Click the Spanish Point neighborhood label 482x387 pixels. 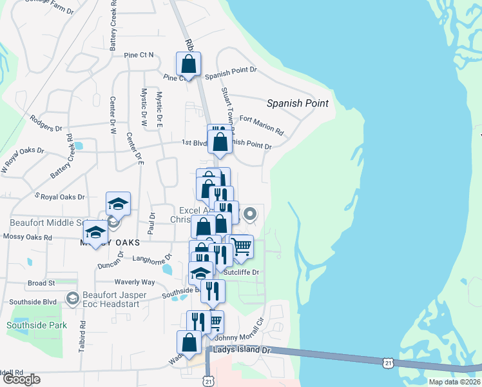pos(297,103)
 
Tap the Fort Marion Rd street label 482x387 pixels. pos(261,124)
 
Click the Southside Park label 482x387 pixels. pos(37,325)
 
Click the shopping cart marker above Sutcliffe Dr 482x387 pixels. pos(241,247)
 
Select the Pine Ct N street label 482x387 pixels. pos(140,55)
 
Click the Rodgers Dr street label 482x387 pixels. pos(46,123)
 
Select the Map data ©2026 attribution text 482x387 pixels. pos(454,382)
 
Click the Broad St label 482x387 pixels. pos(42,283)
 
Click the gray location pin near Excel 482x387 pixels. pos(251,212)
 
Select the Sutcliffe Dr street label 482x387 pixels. pos(245,272)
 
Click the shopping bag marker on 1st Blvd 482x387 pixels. pos(220,141)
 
